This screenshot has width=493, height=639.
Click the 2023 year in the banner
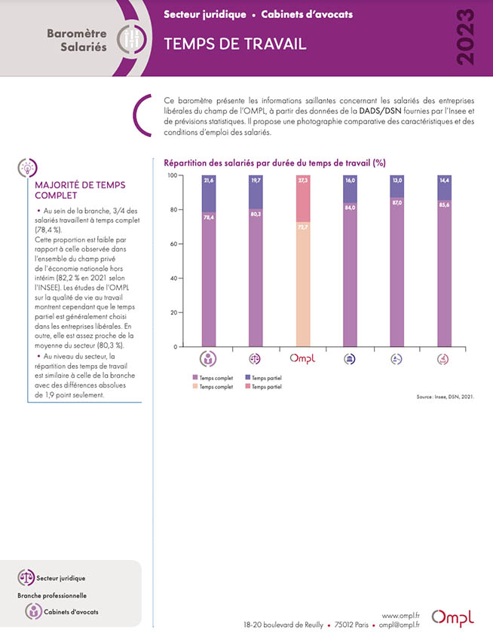coord(465,37)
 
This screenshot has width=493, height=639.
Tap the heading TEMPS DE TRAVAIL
coord(235,44)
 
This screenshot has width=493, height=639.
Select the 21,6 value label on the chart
coord(209,180)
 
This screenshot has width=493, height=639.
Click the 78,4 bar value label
coord(209,218)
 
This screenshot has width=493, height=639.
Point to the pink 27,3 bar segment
coord(303,199)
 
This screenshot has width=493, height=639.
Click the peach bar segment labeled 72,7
coord(303,285)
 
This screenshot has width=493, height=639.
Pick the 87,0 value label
coord(397,202)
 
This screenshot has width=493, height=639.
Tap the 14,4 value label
coord(445,180)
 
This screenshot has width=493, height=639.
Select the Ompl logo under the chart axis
coord(302,358)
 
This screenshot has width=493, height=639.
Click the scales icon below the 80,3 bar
coord(255,358)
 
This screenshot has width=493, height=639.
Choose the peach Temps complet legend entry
coord(213,386)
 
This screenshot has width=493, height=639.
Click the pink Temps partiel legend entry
coord(264,386)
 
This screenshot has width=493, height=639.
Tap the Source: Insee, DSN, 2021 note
coord(446,397)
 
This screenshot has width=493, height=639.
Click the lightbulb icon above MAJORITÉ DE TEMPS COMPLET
coord(27,168)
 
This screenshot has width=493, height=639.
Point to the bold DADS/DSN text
coord(380,111)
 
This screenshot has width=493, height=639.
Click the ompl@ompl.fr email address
coord(399,625)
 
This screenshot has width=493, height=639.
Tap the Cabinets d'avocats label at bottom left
coord(71,612)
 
